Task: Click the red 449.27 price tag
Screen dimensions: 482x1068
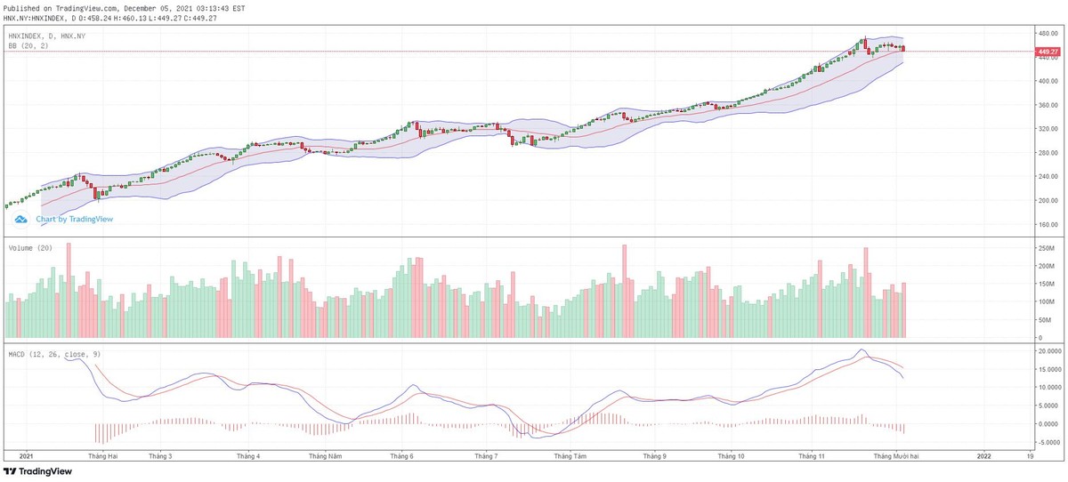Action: tap(1048, 52)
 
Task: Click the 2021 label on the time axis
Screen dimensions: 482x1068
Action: tap(25, 455)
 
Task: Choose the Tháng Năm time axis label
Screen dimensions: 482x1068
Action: tap(325, 455)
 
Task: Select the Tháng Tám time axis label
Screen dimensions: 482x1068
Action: tap(570, 455)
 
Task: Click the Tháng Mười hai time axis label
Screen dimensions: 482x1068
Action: tap(894, 455)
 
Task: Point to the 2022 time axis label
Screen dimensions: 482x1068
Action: tap(983, 455)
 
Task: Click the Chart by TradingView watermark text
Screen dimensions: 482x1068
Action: tap(74, 219)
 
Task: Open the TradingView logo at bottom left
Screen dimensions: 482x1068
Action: tap(36, 472)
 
